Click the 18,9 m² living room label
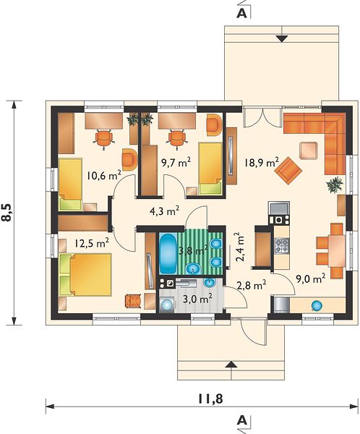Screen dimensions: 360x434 (x=262, y=163)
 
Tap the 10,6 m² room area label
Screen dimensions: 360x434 (x=104, y=175)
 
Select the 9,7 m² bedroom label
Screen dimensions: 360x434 (x=176, y=162)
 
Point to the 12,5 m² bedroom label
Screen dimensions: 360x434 (x=92, y=243)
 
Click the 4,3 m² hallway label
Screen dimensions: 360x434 (x=164, y=211)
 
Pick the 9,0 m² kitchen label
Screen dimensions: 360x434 (x=310, y=278)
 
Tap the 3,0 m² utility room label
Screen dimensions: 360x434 (x=197, y=299)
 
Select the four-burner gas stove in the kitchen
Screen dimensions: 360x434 (x=282, y=245)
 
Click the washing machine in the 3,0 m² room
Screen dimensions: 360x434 (x=167, y=305)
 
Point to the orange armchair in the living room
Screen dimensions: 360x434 (x=288, y=169)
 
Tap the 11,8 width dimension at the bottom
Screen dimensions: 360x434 (x=210, y=399)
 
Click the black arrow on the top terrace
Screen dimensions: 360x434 (x=282, y=39)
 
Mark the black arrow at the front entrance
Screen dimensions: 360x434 (x=231, y=365)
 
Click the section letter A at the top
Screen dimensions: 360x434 (x=242, y=14)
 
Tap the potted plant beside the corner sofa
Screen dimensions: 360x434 (x=335, y=184)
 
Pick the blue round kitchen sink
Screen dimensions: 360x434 (x=317, y=305)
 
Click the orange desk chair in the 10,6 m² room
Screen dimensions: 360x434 (x=104, y=138)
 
